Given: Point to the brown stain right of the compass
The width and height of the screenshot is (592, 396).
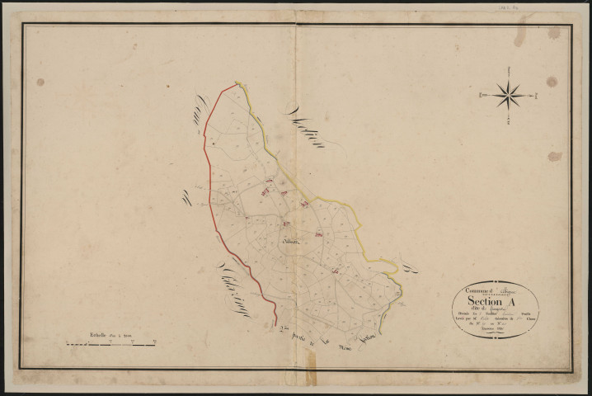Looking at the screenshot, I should (551, 82).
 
